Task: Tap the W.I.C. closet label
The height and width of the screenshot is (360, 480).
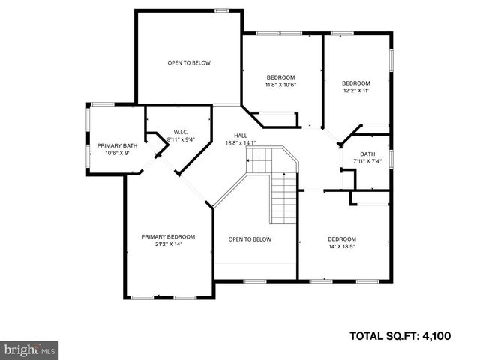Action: pos(180,132)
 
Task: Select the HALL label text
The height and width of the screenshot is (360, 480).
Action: pos(240,135)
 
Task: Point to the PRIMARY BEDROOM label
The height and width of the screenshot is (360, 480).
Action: pos(168,236)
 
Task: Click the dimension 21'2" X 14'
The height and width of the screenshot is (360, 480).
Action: pos(168,244)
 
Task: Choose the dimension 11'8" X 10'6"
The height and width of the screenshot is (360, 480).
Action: pos(281,84)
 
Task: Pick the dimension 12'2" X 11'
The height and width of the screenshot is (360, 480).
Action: pos(356,90)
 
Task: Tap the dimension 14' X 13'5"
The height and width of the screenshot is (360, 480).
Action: pos(342,246)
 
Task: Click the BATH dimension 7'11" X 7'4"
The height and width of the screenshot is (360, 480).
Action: pos(367,161)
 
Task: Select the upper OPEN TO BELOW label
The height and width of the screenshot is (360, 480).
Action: pos(188,63)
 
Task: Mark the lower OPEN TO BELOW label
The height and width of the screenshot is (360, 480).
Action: pos(250,239)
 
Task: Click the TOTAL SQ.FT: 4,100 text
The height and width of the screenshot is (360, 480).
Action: pos(400,336)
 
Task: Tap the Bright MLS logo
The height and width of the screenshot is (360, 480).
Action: pos(30,349)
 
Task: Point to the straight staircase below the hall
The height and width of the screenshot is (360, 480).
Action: pos(283,196)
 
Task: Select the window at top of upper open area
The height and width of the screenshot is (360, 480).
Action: pos(221,10)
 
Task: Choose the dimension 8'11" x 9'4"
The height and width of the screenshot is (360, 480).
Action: pos(180,139)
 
